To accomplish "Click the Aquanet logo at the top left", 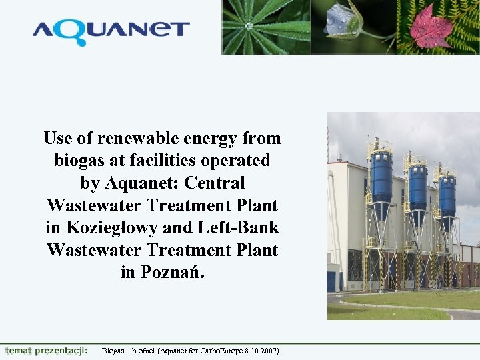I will pos(111,30).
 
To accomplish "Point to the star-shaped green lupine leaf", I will pos(250,25).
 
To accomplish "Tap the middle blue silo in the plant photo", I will pos(418,186).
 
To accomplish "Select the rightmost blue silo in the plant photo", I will pos(446,194).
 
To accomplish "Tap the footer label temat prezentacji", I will pos(46,350).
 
